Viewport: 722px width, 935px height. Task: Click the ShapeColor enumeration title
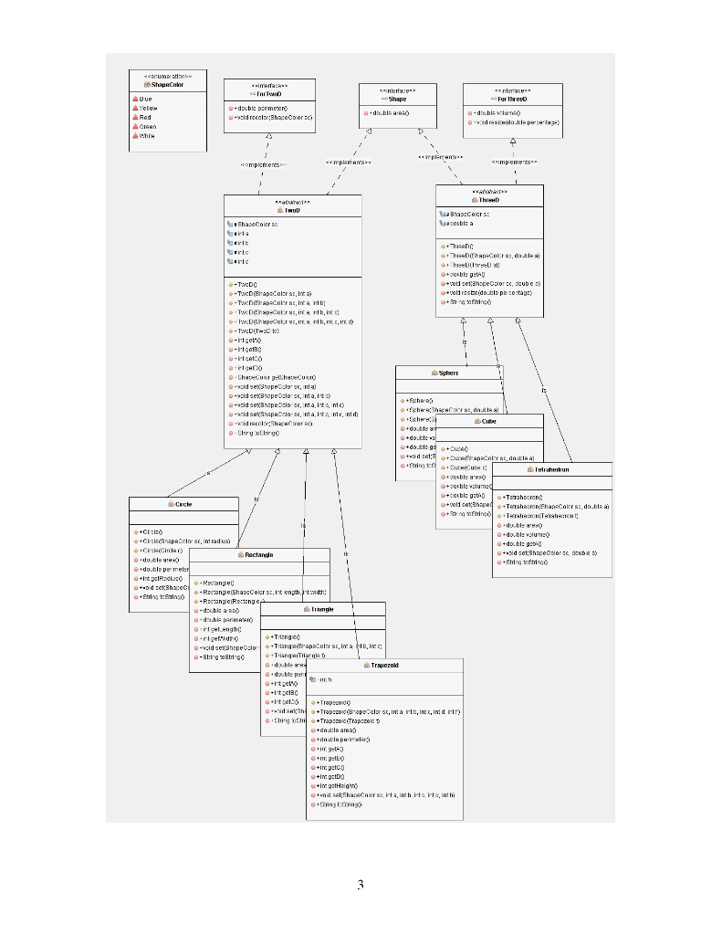click(x=157, y=85)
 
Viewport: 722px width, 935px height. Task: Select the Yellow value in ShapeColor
click(x=147, y=108)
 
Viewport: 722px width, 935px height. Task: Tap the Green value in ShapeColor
click(x=147, y=126)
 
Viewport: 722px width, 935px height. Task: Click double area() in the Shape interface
click(x=389, y=112)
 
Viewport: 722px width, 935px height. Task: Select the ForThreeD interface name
click(x=512, y=99)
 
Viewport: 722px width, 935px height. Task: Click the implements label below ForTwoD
click(x=263, y=164)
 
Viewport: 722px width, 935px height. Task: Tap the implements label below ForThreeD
click(x=514, y=162)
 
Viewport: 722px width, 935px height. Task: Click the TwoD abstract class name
click(x=292, y=210)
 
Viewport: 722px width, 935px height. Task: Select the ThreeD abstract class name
click(x=489, y=199)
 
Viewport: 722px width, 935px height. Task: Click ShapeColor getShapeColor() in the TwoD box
click(x=277, y=377)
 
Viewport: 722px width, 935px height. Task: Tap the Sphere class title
click(x=449, y=373)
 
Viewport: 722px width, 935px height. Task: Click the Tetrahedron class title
click(x=551, y=469)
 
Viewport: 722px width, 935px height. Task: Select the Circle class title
click(x=183, y=504)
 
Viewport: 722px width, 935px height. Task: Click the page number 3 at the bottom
click(x=361, y=884)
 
